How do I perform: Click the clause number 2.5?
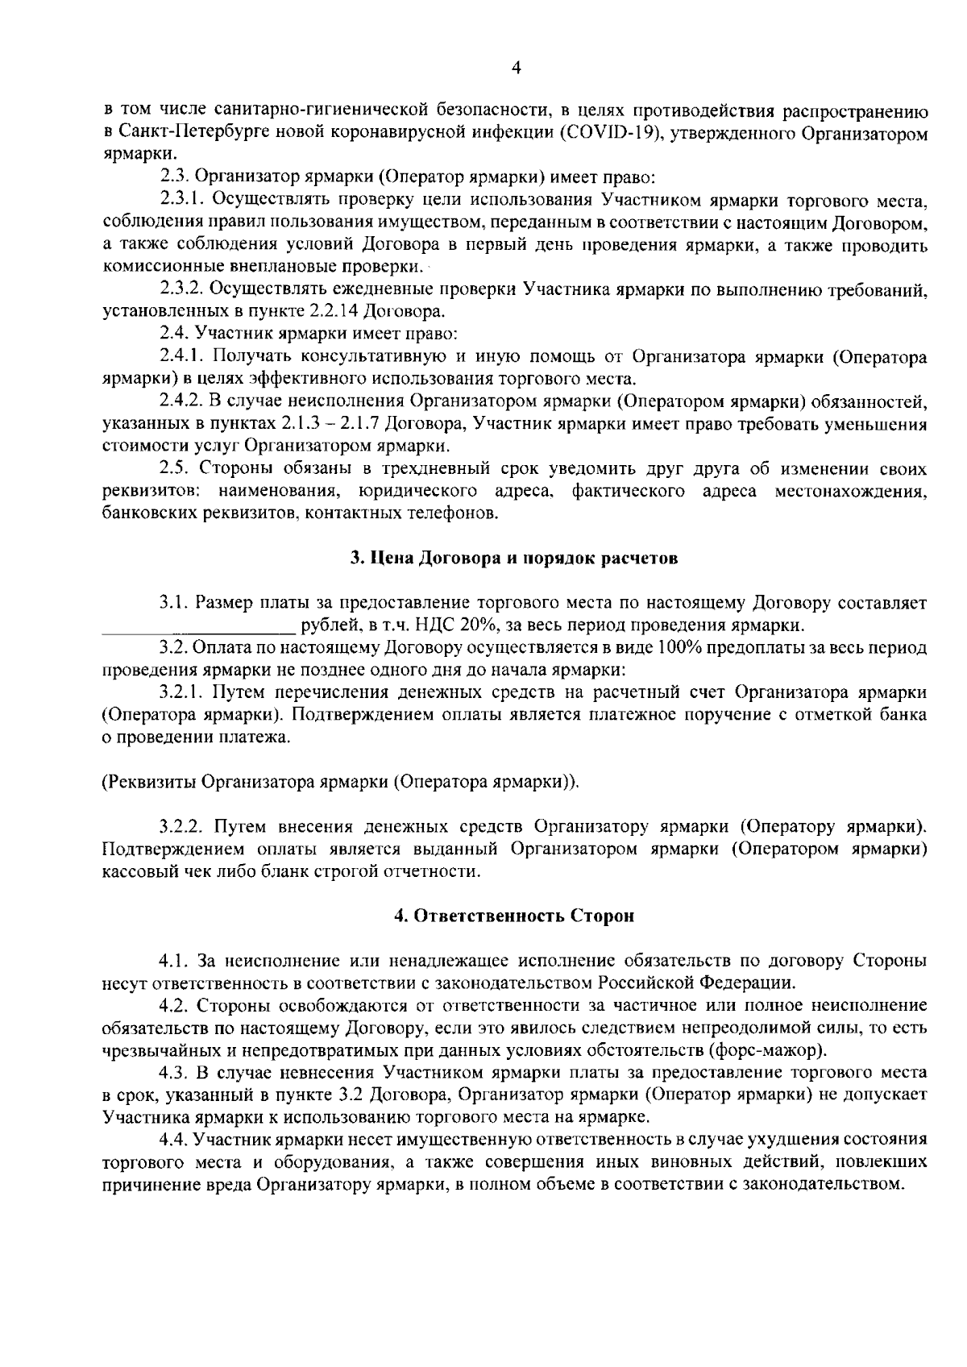[173, 469]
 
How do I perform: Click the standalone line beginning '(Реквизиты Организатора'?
[341, 782]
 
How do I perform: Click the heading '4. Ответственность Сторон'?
[514, 916]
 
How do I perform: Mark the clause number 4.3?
[173, 1074]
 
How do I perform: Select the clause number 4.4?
[173, 1141]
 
